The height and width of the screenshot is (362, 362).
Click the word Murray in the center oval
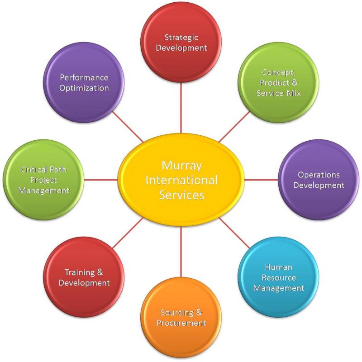pos(181,165)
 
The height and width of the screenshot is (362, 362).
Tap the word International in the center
pos(181,180)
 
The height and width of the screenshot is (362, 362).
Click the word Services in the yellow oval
pos(181,195)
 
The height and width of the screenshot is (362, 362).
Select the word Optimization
pos(84,87)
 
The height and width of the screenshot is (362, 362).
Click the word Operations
pos(319,175)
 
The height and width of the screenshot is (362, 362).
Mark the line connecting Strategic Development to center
pos(181,109)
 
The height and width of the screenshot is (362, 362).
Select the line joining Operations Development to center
pos(262,180)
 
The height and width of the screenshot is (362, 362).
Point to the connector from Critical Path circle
pos(100,180)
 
